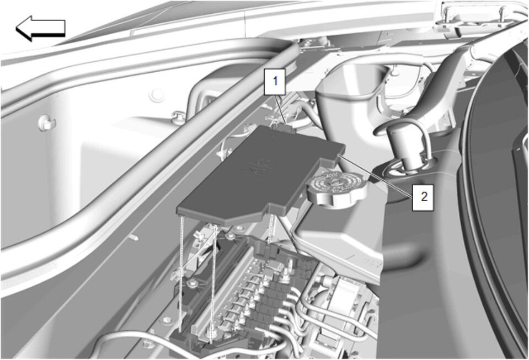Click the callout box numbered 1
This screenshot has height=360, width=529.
[275, 82]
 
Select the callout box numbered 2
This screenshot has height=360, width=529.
[423, 197]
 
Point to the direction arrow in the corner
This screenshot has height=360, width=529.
[40, 28]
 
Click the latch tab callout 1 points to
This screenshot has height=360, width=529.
[285, 128]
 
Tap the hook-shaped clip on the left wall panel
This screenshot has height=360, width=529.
[46, 123]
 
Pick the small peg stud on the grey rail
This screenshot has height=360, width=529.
[133, 237]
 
